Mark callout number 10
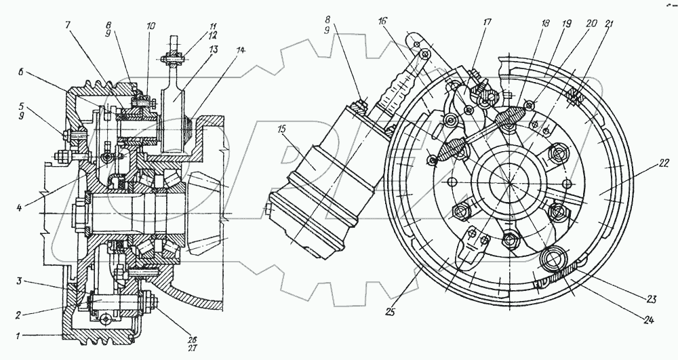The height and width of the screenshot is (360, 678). (151, 26)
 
